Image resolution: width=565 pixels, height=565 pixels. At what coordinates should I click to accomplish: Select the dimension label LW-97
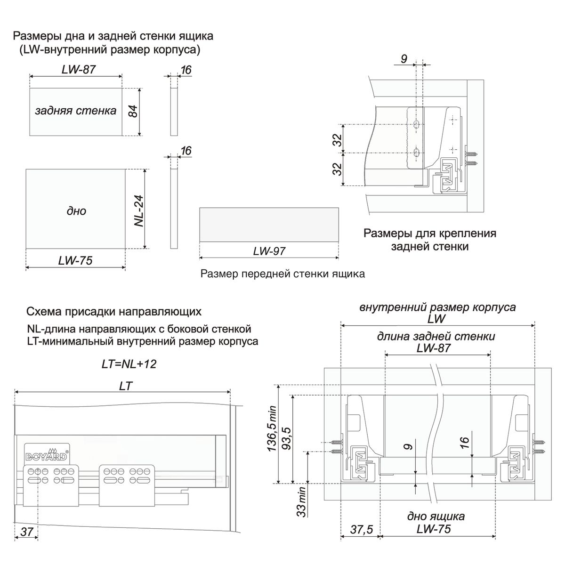click(x=269, y=251)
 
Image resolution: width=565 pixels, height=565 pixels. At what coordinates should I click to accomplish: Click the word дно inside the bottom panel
click(x=76, y=211)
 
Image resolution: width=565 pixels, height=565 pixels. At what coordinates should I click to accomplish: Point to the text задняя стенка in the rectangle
click(x=75, y=111)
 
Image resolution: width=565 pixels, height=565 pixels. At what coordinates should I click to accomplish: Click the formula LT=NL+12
click(x=129, y=364)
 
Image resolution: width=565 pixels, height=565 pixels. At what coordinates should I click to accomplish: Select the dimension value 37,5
click(x=362, y=530)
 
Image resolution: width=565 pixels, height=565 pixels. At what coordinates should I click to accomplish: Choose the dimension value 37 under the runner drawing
click(x=27, y=532)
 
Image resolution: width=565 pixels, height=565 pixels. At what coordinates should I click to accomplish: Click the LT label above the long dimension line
click(x=126, y=386)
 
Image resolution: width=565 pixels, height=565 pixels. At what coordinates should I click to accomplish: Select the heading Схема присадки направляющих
click(x=114, y=312)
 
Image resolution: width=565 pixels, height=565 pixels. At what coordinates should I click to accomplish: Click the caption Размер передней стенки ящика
click(x=282, y=274)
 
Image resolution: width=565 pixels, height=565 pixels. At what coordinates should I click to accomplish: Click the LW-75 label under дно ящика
click(x=433, y=529)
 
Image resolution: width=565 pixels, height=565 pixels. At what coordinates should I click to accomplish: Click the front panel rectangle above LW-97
click(x=269, y=225)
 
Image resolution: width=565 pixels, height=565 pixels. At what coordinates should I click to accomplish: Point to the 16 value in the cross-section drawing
click(x=464, y=443)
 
